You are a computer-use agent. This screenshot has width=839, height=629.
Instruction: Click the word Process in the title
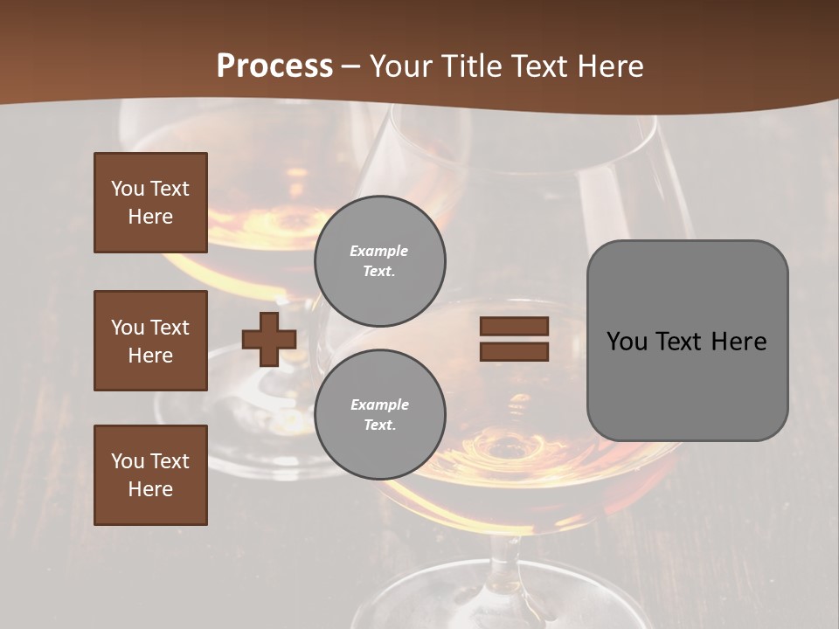(274, 66)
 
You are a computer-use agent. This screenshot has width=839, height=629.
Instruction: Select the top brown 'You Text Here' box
(150, 203)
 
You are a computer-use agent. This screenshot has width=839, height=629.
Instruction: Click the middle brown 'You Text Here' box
(150, 341)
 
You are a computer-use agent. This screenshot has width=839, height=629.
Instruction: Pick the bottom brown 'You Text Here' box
(150, 475)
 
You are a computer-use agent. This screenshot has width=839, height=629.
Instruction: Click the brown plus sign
(269, 339)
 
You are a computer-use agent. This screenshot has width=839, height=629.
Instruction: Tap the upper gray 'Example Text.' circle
(379, 261)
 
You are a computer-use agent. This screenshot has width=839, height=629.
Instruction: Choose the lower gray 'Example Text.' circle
(379, 415)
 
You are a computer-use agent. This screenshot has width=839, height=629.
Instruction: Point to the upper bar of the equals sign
(514, 327)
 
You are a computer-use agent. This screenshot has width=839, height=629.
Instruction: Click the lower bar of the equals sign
(514, 351)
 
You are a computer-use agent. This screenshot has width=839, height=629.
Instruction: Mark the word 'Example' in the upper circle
(379, 251)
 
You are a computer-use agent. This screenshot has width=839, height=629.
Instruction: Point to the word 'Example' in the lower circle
(379, 404)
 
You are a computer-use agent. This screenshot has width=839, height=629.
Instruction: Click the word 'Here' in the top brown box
(150, 217)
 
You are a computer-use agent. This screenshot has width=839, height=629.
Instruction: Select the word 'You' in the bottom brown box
(128, 461)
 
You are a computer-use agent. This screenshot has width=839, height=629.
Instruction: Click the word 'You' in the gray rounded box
(628, 342)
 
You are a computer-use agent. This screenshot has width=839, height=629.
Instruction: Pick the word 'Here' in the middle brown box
(150, 356)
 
